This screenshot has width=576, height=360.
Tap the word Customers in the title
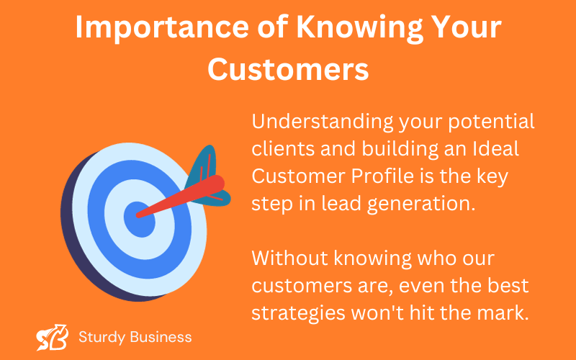coord(288,69)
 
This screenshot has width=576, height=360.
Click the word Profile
coord(382,176)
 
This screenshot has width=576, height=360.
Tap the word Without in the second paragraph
coord(290,258)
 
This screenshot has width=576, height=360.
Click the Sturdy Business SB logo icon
coord(52,337)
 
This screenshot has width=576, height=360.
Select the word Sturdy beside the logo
coord(102,338)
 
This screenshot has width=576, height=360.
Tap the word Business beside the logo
coord(161,337)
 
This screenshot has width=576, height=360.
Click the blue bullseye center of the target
coord(139,220)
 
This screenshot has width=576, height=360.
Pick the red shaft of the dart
coord(180,197)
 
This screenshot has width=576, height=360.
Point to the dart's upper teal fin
coord(202,166)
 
